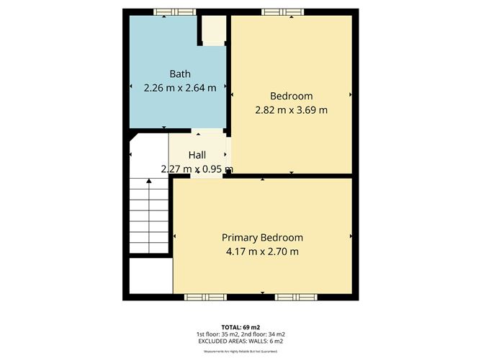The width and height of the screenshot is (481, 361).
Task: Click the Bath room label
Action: (x=180, y=73)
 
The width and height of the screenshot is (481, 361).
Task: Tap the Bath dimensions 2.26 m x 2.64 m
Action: (x=180, y=88)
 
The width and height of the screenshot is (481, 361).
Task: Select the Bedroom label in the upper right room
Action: (x=291, y=96)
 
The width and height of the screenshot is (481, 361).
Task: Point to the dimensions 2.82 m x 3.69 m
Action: (x=291, y=110)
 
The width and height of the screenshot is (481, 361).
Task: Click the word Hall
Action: (x=197, y=155)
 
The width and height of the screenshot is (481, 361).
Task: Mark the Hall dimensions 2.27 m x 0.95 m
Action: (x=197, y=169)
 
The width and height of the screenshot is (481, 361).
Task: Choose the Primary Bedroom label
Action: (x=262, y=238)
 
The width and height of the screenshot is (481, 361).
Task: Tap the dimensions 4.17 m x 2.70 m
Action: (x=262, y=251)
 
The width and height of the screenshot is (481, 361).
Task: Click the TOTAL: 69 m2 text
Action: (x=241, y=326)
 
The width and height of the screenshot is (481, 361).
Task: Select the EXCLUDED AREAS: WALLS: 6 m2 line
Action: (x=241, y=342)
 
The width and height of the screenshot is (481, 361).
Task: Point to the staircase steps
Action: (x=149, y=216)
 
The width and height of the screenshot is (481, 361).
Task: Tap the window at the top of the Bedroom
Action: (x=282, y=11)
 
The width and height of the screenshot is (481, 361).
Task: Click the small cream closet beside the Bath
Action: (x=213, y=31)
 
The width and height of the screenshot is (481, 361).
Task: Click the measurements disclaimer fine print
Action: (x=241, y=351)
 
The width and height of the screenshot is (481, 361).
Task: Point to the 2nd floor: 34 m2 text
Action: (x=266, y=334)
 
